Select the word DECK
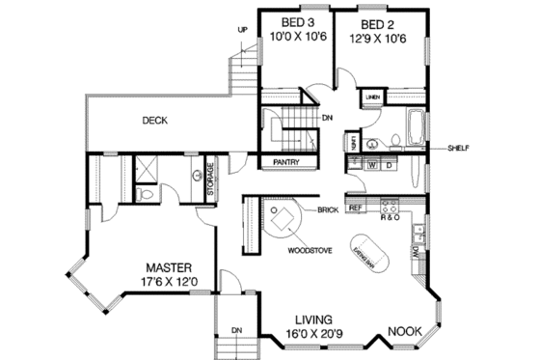click(155, 121)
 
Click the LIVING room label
click(314, 319)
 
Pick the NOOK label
click(404, 332)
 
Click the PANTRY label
click(285, 162)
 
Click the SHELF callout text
click(458, 149)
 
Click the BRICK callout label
click(325, 208)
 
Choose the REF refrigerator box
click(355, 208)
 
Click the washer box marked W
click(371, 165)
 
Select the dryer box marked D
click(389, 165)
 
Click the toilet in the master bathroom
click(144, 194)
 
